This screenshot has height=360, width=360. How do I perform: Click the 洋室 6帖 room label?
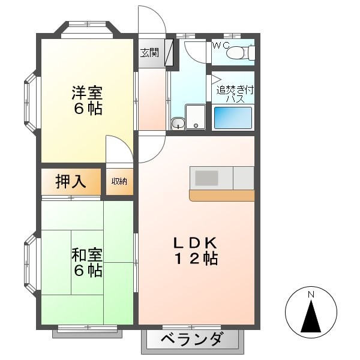tap(88, 101)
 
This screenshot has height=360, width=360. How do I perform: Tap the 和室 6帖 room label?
tap(88, 263)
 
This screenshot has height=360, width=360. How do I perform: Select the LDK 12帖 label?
tap(195, 251)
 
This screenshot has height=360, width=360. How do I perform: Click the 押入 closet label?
tap(71, 181)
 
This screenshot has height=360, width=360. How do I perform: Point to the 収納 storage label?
tap(119, 181)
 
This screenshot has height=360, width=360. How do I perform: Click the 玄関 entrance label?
tap(150, 53)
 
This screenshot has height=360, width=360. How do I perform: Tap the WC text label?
tap(219, 45)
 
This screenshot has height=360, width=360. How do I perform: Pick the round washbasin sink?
tap(177, 123)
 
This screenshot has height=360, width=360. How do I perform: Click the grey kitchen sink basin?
tap(208, 178)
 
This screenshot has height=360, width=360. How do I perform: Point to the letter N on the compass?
tap(311, 295)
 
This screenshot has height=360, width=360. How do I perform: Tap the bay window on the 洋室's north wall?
tap(88, 28)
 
